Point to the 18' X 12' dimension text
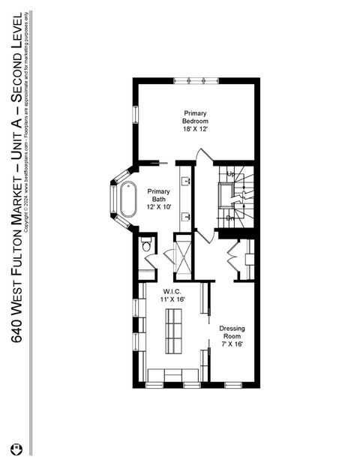point(196,129)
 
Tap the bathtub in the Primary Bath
point(129,199)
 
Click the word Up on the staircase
point(231,174)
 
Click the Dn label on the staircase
point(231,218)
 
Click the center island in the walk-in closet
point(174,331)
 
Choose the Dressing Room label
point(232,332)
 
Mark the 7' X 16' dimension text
point(232,344)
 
